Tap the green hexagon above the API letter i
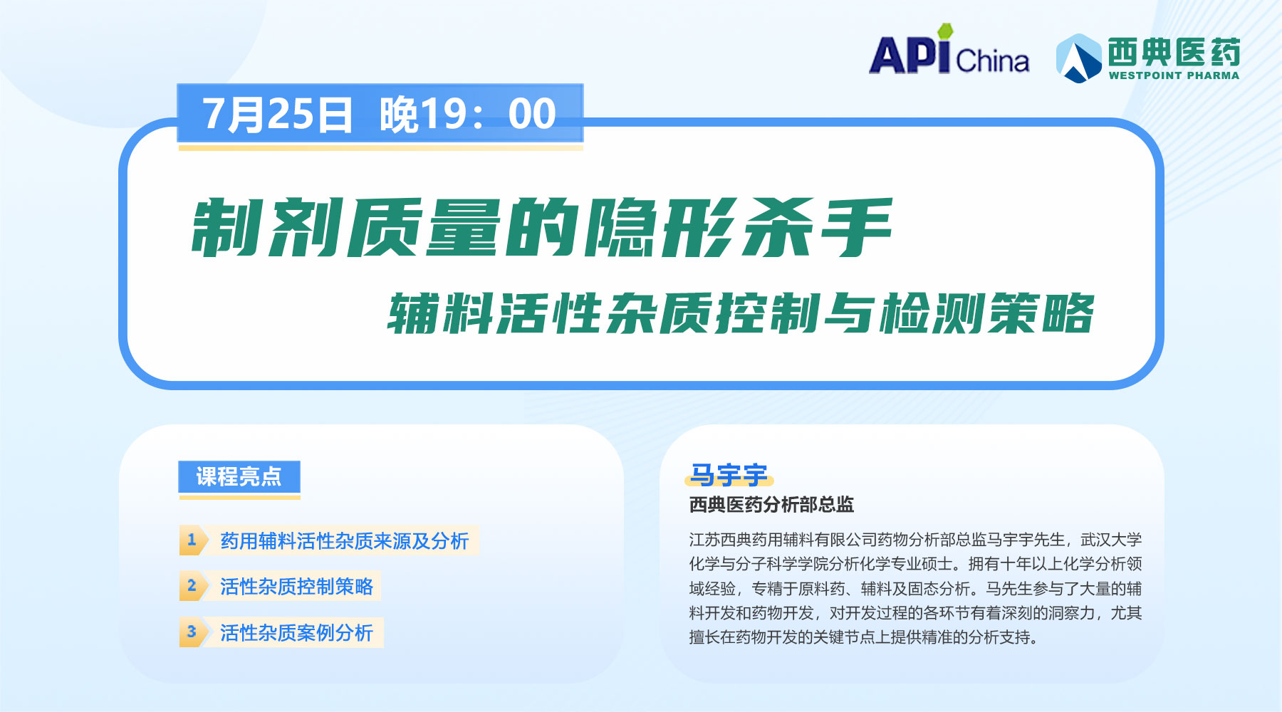(944, 31)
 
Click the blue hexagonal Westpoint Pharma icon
(1079, 58)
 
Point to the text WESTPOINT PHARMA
(1174, 75)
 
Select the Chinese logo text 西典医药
(1174, 52)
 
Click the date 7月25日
(278, 114)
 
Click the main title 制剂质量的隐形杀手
(541, 228)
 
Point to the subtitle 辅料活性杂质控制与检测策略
(741, 313)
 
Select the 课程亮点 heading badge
(239, 476)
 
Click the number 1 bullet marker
(192, 540)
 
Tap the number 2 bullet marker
(192, 586)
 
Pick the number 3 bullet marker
(192, 632)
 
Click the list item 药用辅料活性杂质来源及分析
(345, 541)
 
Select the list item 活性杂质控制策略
(296, 587)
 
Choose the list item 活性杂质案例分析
(296, 633)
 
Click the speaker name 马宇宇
(729, 475)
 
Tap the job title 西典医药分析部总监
(771, 505)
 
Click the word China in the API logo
(993, 61)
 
